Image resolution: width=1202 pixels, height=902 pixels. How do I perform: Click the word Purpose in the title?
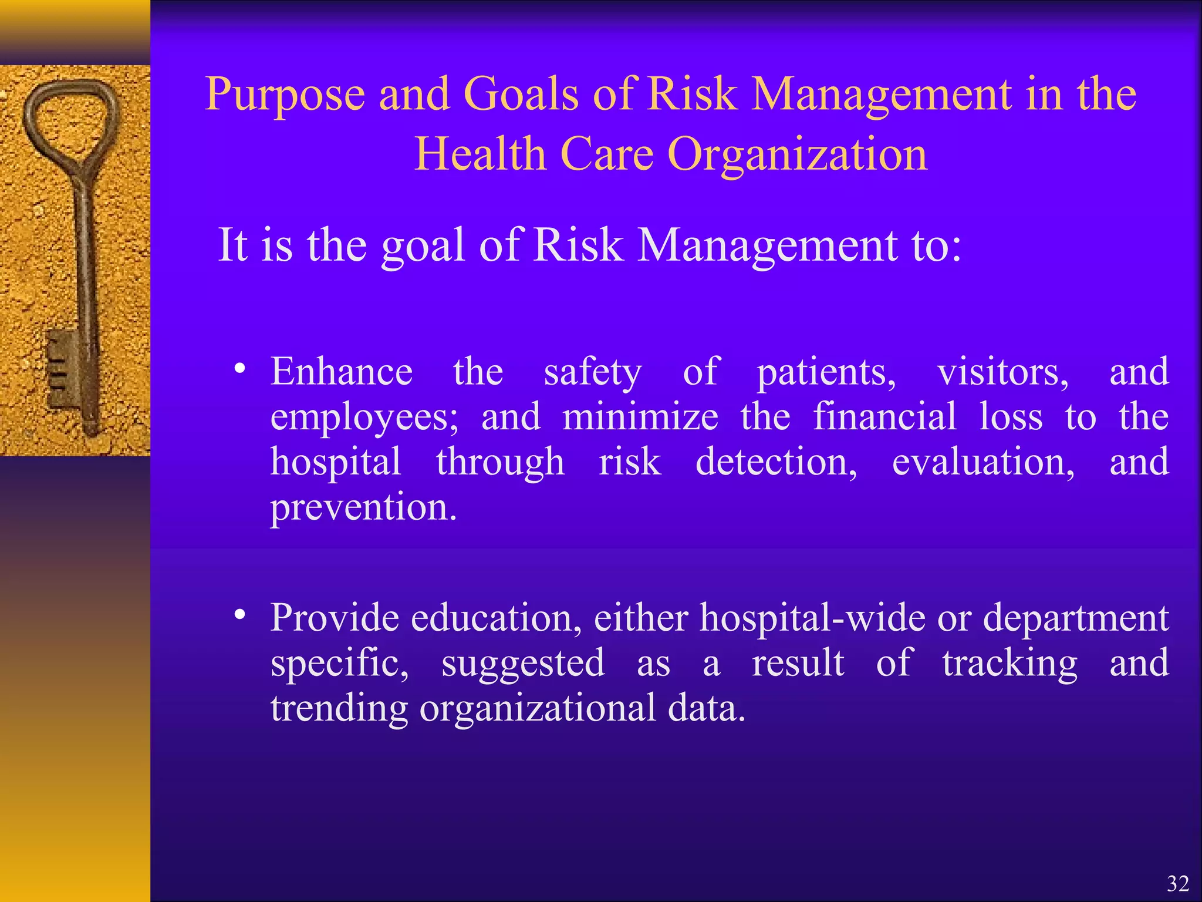tap(285, 95)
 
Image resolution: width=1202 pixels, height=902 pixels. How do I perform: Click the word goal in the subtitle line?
tap(423, 245)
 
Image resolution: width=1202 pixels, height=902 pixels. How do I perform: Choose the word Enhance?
tap(341, 372)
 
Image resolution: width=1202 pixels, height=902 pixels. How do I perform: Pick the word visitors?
tap(1002, 373)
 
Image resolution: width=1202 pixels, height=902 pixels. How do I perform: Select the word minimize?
tap(640, 417)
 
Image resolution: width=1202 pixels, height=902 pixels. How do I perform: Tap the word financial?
tap(884, 416)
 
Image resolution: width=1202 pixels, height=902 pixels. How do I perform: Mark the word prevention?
tap(363, 507)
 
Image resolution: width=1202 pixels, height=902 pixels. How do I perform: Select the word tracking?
tap(1009, 664)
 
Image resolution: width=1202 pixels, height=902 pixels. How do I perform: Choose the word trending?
tap(339, 709)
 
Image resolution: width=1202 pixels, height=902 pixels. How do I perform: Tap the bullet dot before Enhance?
tap(239, 369)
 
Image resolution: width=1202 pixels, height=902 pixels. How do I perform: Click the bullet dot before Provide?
tap(239, 615)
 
